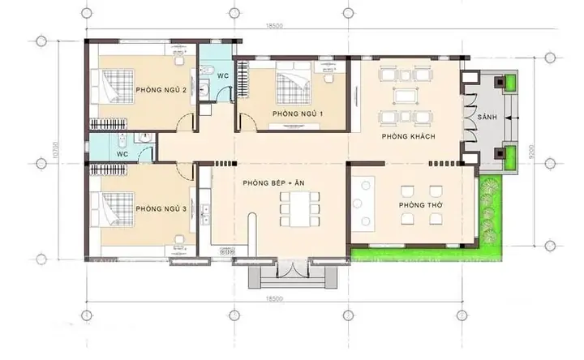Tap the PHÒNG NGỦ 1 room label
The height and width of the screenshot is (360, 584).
pyautogui.click(x=298, y=114)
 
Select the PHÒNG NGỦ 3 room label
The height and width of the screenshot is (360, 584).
pyautogui.click(x=161, y=209)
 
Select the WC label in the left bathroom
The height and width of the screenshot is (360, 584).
pyautogui.click(x=122, y=152)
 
